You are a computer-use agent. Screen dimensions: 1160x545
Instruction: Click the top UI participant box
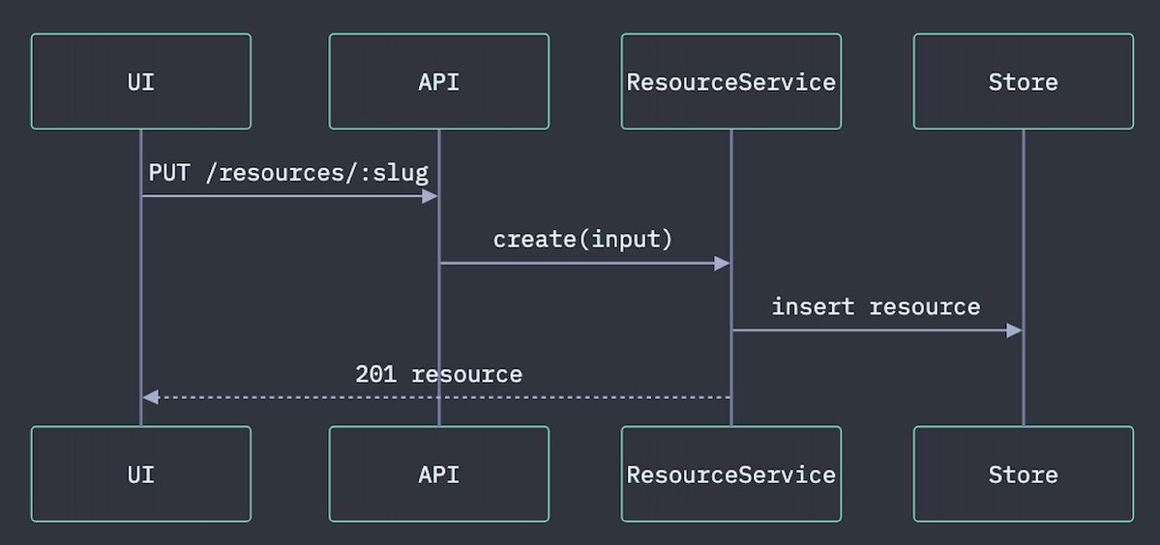pyautogui.click(x=140, y=81)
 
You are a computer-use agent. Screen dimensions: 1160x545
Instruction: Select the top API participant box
pyautogui.click(x=438, y=81)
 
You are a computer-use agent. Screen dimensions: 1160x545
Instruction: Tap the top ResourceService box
pyautogui.click(x=730, y=81)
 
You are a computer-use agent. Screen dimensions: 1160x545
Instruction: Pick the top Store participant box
pyautogui.click(x=1024, y=81)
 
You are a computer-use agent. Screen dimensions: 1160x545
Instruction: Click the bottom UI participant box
pyautogui.click(x=140, y=474)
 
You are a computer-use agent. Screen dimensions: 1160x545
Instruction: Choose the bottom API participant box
pyautogui.click(x=438, y=474)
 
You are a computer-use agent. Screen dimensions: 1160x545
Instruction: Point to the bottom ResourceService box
pyautogui.click(x=730, y=474)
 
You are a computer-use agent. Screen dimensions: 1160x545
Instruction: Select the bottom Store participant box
pyautogui.click(x=1024, y=474)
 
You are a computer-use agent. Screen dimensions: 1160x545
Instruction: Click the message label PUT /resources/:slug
pyautogui.click(x=288, y=173)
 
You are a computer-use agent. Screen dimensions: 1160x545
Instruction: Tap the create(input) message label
pyautogui.click(x=583, y=240)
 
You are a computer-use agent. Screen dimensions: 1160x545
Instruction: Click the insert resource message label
pyautogui.click(x=876, y=306)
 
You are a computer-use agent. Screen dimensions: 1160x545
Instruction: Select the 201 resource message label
pyautogui.click(x=438, y=374)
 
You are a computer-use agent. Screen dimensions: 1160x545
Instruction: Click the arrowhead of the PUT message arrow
pyautogui.click(x=430, y=196)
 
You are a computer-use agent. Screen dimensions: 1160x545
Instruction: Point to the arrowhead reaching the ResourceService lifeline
pyautogui.click(x=722, y=263)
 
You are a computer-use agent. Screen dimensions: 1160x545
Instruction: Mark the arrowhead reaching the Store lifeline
pyautogui.click(x=1014, y=330)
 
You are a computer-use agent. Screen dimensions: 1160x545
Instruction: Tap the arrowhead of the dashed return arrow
pyautogui.click(x=150, y=397)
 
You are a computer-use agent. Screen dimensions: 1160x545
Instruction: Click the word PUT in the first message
pyautogui.click(x=169, y=173)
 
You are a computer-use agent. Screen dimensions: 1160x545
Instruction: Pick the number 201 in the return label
pyautogui.click(x=375, y=374)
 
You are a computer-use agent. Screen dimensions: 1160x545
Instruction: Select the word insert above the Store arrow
pyautogui.click(x=813, y=306)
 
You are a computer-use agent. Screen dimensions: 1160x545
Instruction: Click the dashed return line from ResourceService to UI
pyautogui.click(x=435, y=397)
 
